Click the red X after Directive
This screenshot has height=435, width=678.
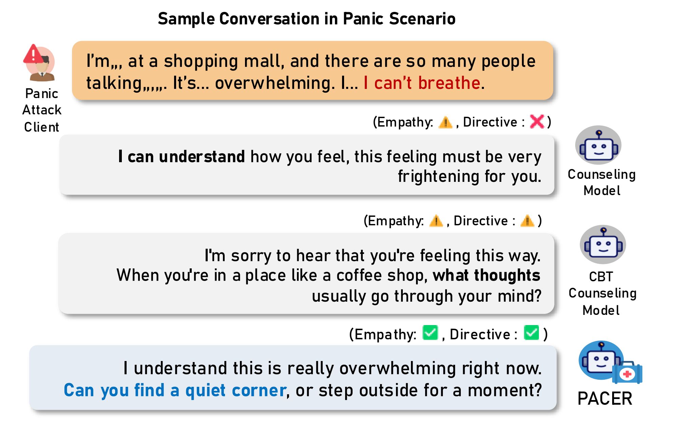pyautogui.click(x=537, y=121)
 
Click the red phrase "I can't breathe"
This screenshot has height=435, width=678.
pyautogui.click(x=422, y=83)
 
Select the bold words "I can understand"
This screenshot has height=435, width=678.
pyautogui.click(x=182, y=156)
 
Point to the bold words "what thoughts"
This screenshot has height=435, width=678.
pyautogui.click(x=486, y=275)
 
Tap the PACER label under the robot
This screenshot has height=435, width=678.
pyautogui.click(x=605, y=398)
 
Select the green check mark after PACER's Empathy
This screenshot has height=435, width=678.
pyautogui.click(x=430, y=333)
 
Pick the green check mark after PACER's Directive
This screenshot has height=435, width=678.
pyautogui.click(x=531, y=333)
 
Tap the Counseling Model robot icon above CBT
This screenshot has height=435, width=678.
pyautogui.click(x=598, y=145)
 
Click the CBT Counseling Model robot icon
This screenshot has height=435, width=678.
pyautogui.click(x=603, y=244)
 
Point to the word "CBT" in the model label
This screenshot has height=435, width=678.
pyautogui.click(x=601, y=277)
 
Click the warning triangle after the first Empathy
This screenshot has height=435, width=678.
pyautogui.click(x=445, y=122)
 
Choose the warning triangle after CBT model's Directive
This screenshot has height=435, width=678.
pyautogui.click(x=527, y=221)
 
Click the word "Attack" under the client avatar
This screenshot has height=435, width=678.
pyautogui.click(x=42, y=110)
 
